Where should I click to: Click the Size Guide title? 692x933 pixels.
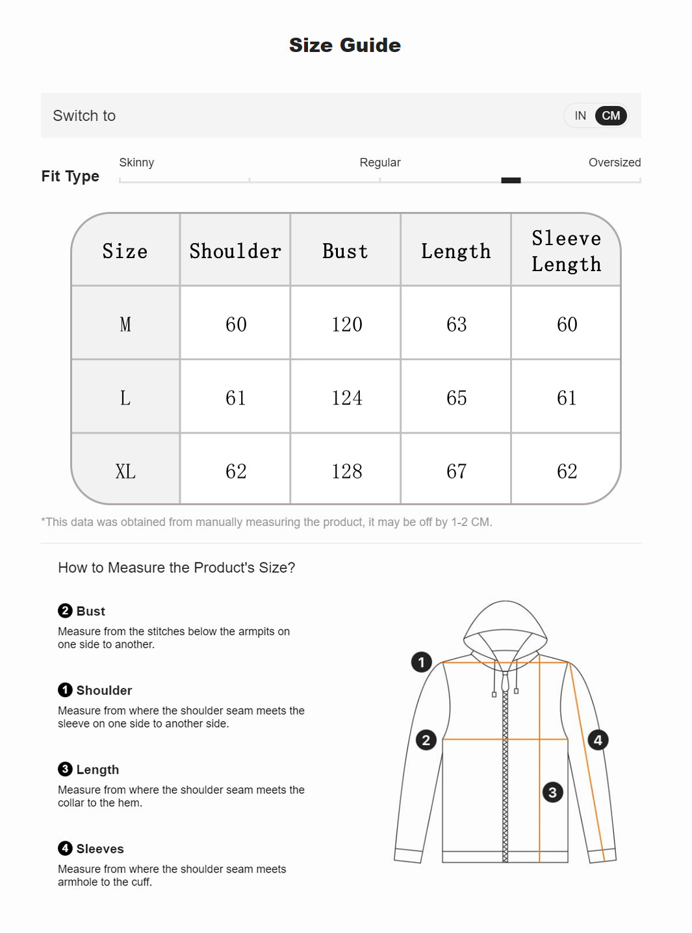tap(345, 45)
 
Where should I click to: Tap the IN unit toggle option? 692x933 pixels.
tap(580, 116)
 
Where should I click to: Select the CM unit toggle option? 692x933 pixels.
tap(611, 116)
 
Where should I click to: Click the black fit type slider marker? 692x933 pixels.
tap(511, 180)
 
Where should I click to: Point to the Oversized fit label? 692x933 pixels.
tap(614, 163)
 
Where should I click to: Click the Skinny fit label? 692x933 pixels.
tap(136, 163)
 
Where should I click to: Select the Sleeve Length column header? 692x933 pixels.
tap(566, 251)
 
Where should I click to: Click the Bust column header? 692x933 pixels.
tap(345, 251)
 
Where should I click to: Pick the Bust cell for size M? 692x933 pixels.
tap(346, 324)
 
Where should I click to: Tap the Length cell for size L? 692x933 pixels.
tap(456, 397)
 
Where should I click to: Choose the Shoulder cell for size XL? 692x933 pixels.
tap(236, 471)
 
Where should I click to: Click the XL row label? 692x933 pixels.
tap(125, 471)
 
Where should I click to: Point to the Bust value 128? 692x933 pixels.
tap(346, 471)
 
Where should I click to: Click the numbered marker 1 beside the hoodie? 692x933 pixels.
tap(421, 662)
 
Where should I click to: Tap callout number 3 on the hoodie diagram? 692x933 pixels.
tap(552, 792)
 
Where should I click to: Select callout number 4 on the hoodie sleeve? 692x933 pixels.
tap(598, 740)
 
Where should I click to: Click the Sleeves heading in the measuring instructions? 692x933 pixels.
tap(99, 848)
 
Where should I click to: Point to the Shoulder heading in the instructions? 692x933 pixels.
tap(104, 690)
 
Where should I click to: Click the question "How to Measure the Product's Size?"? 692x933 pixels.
tap(176, 568)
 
